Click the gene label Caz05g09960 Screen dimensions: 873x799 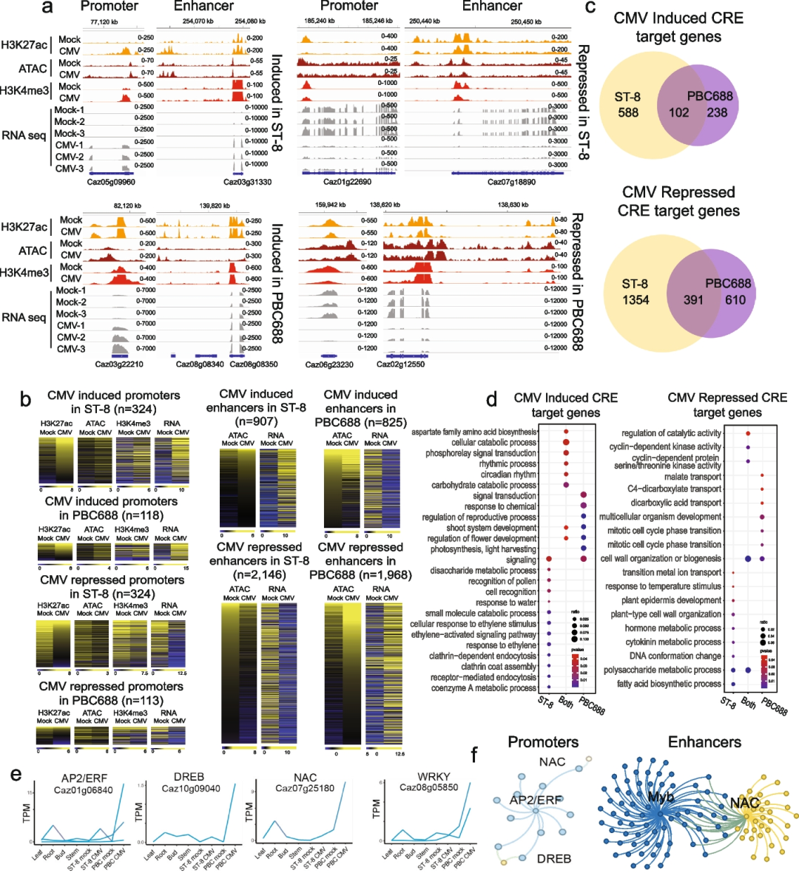tap(111, 182)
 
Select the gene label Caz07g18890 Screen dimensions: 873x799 tap(511, 182)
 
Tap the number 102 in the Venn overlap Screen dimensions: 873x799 tap(678, 113)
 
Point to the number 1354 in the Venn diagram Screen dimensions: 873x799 tap(636, 299)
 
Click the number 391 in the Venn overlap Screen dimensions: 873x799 tap(693, 299)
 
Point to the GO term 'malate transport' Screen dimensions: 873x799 tap(692, 477)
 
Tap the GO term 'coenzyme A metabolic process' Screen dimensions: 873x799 tap(484, 688)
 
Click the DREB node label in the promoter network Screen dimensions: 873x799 tap(553, 858)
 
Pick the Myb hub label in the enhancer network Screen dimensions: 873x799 tap(661, 798)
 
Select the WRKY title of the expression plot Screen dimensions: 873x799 tap(434, 776)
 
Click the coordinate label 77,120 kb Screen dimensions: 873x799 tap(104, 22)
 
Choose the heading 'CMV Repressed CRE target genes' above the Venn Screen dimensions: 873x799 tap(678, 202)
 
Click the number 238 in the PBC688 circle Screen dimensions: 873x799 tap(717, 113)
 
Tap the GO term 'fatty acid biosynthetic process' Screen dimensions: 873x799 tap(669, 684)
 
